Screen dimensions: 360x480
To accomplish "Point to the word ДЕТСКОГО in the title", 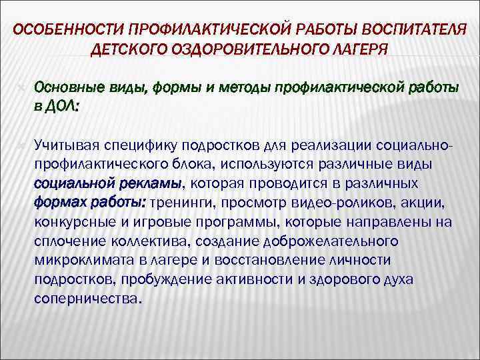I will click(131, 51).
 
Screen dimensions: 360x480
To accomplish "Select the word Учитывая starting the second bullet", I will click(65, 145).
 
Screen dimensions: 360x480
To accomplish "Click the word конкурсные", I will click(74, 222).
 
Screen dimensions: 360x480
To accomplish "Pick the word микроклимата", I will click(78, 260).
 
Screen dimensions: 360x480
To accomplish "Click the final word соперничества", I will click(88, 299).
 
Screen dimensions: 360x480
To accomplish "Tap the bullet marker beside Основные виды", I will click(21, 87).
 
